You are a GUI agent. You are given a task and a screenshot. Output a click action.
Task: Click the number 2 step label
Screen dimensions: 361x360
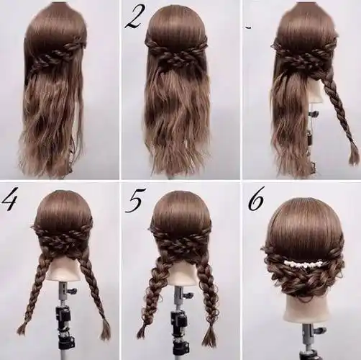click(134, 18)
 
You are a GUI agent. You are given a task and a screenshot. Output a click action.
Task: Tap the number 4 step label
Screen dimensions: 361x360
click(9, 202)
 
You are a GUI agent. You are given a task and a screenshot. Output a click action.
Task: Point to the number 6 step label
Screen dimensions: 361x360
click(255, 199)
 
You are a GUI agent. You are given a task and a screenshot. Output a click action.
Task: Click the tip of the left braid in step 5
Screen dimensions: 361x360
click(142, 332)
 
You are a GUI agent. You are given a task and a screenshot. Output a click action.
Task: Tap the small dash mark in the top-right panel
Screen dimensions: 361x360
click(249, 28)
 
